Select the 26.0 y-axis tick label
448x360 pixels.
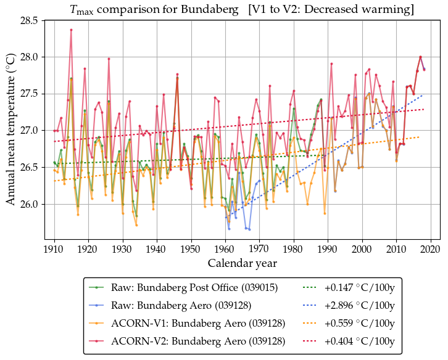click(x=29, y=204)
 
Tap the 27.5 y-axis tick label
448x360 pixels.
click(x=29, y=94)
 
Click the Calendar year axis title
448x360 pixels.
click(x=242, y=263)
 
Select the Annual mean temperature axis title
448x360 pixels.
click(x=10, y=129)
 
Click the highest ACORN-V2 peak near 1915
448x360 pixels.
click(x=71, y=30)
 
